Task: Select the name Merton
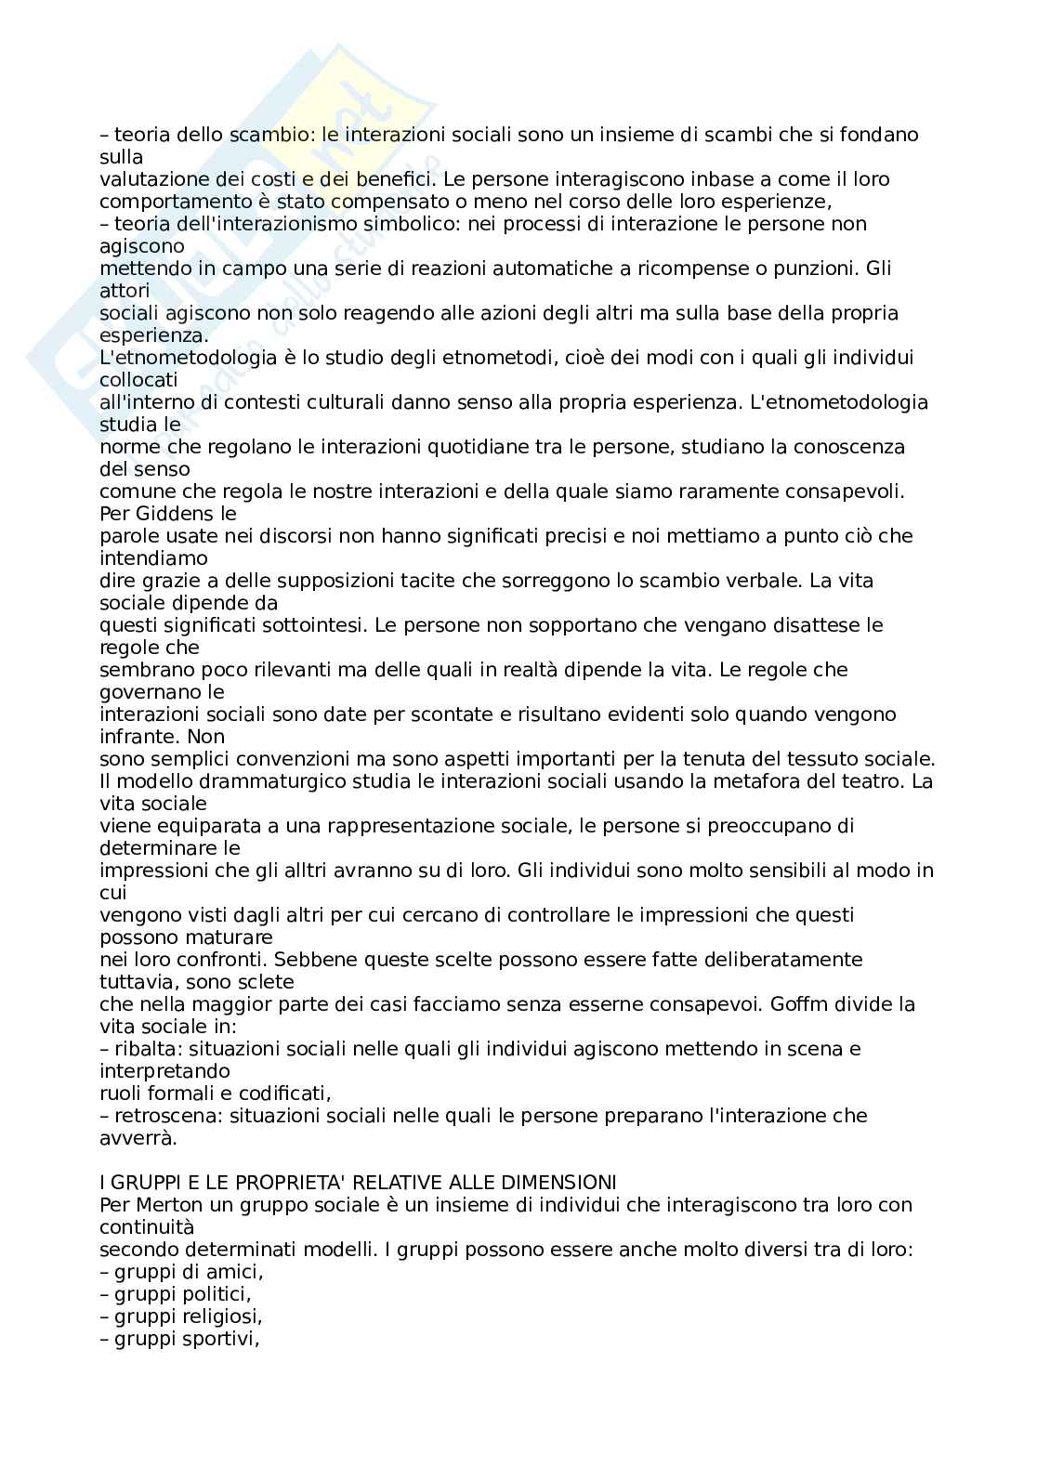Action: [162, 1205]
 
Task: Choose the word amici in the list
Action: [236, 1272]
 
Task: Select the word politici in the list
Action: [217, 1294]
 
